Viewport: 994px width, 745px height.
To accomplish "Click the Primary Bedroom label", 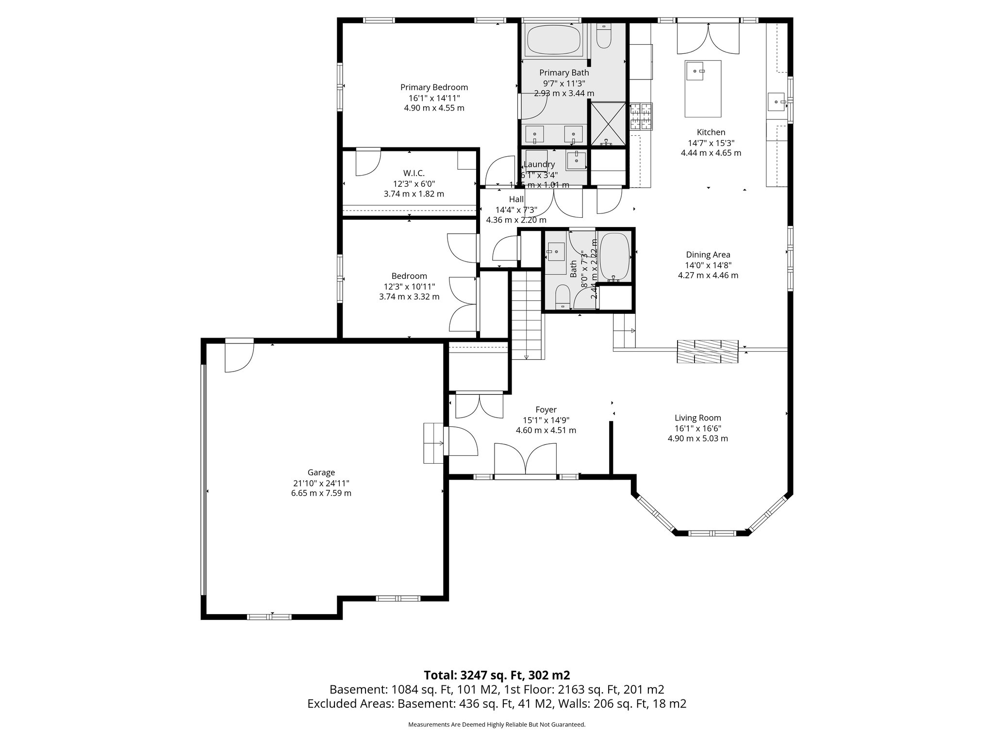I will (x=434, y=87).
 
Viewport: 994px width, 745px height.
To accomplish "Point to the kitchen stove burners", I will (x=641, y=117).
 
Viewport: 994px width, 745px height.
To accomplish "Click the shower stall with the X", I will (x=607, y=123).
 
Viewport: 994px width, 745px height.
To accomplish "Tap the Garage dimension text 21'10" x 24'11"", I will (x=321, y=483).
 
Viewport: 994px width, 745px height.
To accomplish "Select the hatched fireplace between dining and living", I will (x=708, y=352).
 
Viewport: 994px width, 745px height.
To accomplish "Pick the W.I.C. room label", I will (x=414, y=173).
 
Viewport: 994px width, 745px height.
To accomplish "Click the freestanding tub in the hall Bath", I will (x=614, y=257).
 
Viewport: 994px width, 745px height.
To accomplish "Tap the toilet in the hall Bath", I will (x=563, y=296).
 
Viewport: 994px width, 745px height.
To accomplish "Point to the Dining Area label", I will (x=708, y=255).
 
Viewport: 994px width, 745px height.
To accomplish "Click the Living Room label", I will (x=697, y=418).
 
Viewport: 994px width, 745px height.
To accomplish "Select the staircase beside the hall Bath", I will (x=527, y=315).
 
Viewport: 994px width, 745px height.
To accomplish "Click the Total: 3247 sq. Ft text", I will (x=497, y=675).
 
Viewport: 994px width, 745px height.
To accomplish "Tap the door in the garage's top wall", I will (x=239, y=356).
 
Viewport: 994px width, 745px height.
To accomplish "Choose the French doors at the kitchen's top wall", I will (x=709, y=39).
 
